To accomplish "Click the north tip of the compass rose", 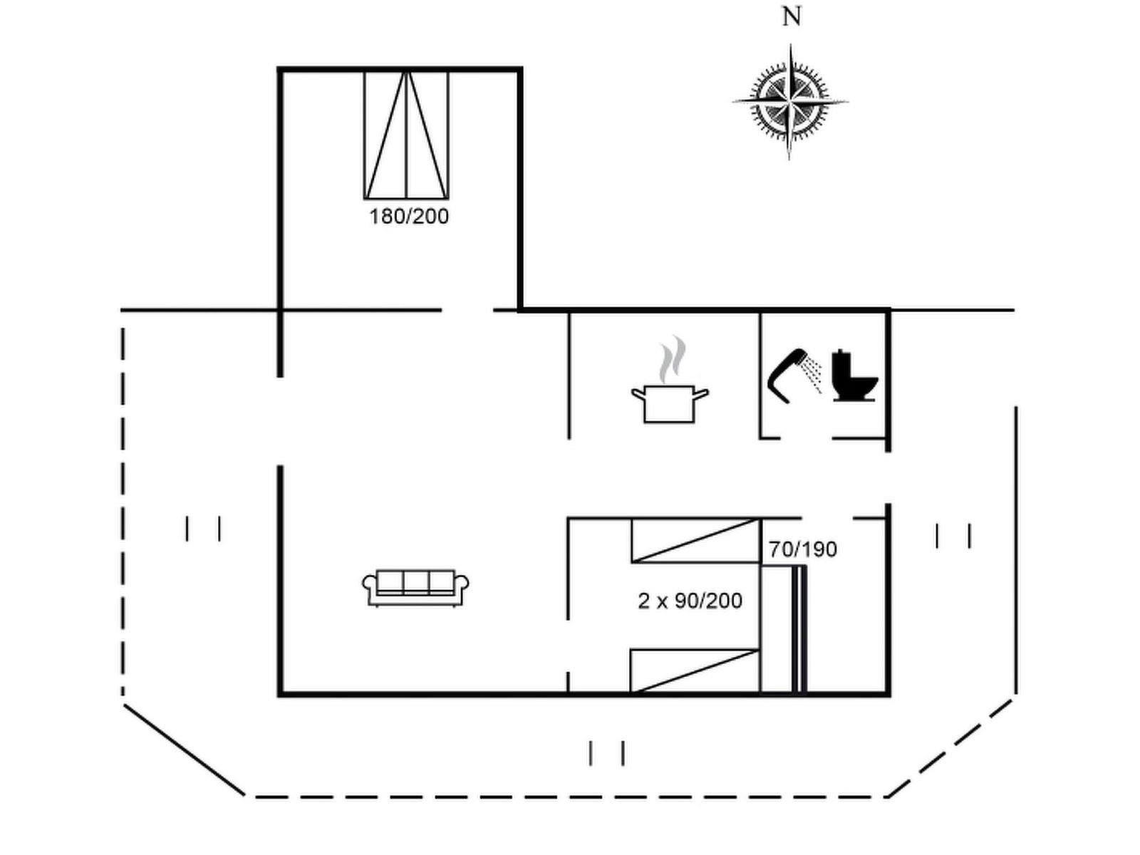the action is (x=790, y=45).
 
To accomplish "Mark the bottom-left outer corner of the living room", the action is (x=279, y=695).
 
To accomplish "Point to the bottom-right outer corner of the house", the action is (x=890, y=695).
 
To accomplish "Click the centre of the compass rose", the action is (x=790, y=101).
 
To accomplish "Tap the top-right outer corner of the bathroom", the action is (x=890, y=309).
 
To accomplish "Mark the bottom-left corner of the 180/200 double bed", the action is (x=365, y=198).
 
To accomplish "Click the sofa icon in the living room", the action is (x=415, y=588).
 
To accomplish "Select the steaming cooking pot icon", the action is (x=670, y=379).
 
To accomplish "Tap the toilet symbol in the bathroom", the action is (x=854, y=376).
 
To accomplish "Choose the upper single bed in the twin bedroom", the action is (x=696, y=540).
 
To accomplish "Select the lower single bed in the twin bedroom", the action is (x=695, y=670).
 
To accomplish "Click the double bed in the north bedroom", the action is (x=406, y=135).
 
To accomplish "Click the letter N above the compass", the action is (x=792, y=16).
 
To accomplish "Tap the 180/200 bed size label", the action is (x=409, y=217).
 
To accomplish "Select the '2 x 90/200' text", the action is (x=690, y=601).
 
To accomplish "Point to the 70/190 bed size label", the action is (x=803, y=549).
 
